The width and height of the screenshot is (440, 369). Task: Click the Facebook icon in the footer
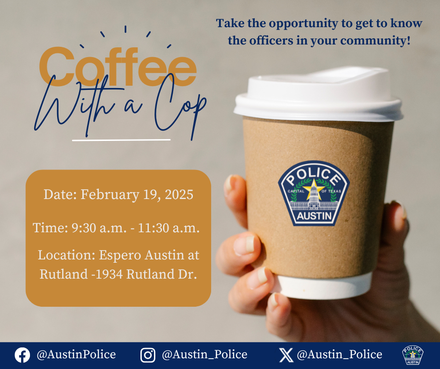(x=22, y=355)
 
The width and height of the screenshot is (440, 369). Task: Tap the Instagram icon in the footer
(x=148, y=355)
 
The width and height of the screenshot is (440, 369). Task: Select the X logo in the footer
(x=286, y=355)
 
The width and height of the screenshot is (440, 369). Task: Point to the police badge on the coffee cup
(x=314, y=193)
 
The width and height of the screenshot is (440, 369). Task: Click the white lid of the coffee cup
(x=318, y=94)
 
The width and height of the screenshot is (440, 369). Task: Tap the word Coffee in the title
(x=117, y=66)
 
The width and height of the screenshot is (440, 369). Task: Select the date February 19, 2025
(x=137, y=195)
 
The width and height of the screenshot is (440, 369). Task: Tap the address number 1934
(x=109, y=274)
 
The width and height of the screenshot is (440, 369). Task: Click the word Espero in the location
(x=120, y=256)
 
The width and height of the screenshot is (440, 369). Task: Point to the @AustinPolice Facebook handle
(x=76, y=354)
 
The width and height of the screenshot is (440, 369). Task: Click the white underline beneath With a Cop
(x=121, y=140)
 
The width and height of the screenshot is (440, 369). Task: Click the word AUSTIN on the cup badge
(x=314, y=216)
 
